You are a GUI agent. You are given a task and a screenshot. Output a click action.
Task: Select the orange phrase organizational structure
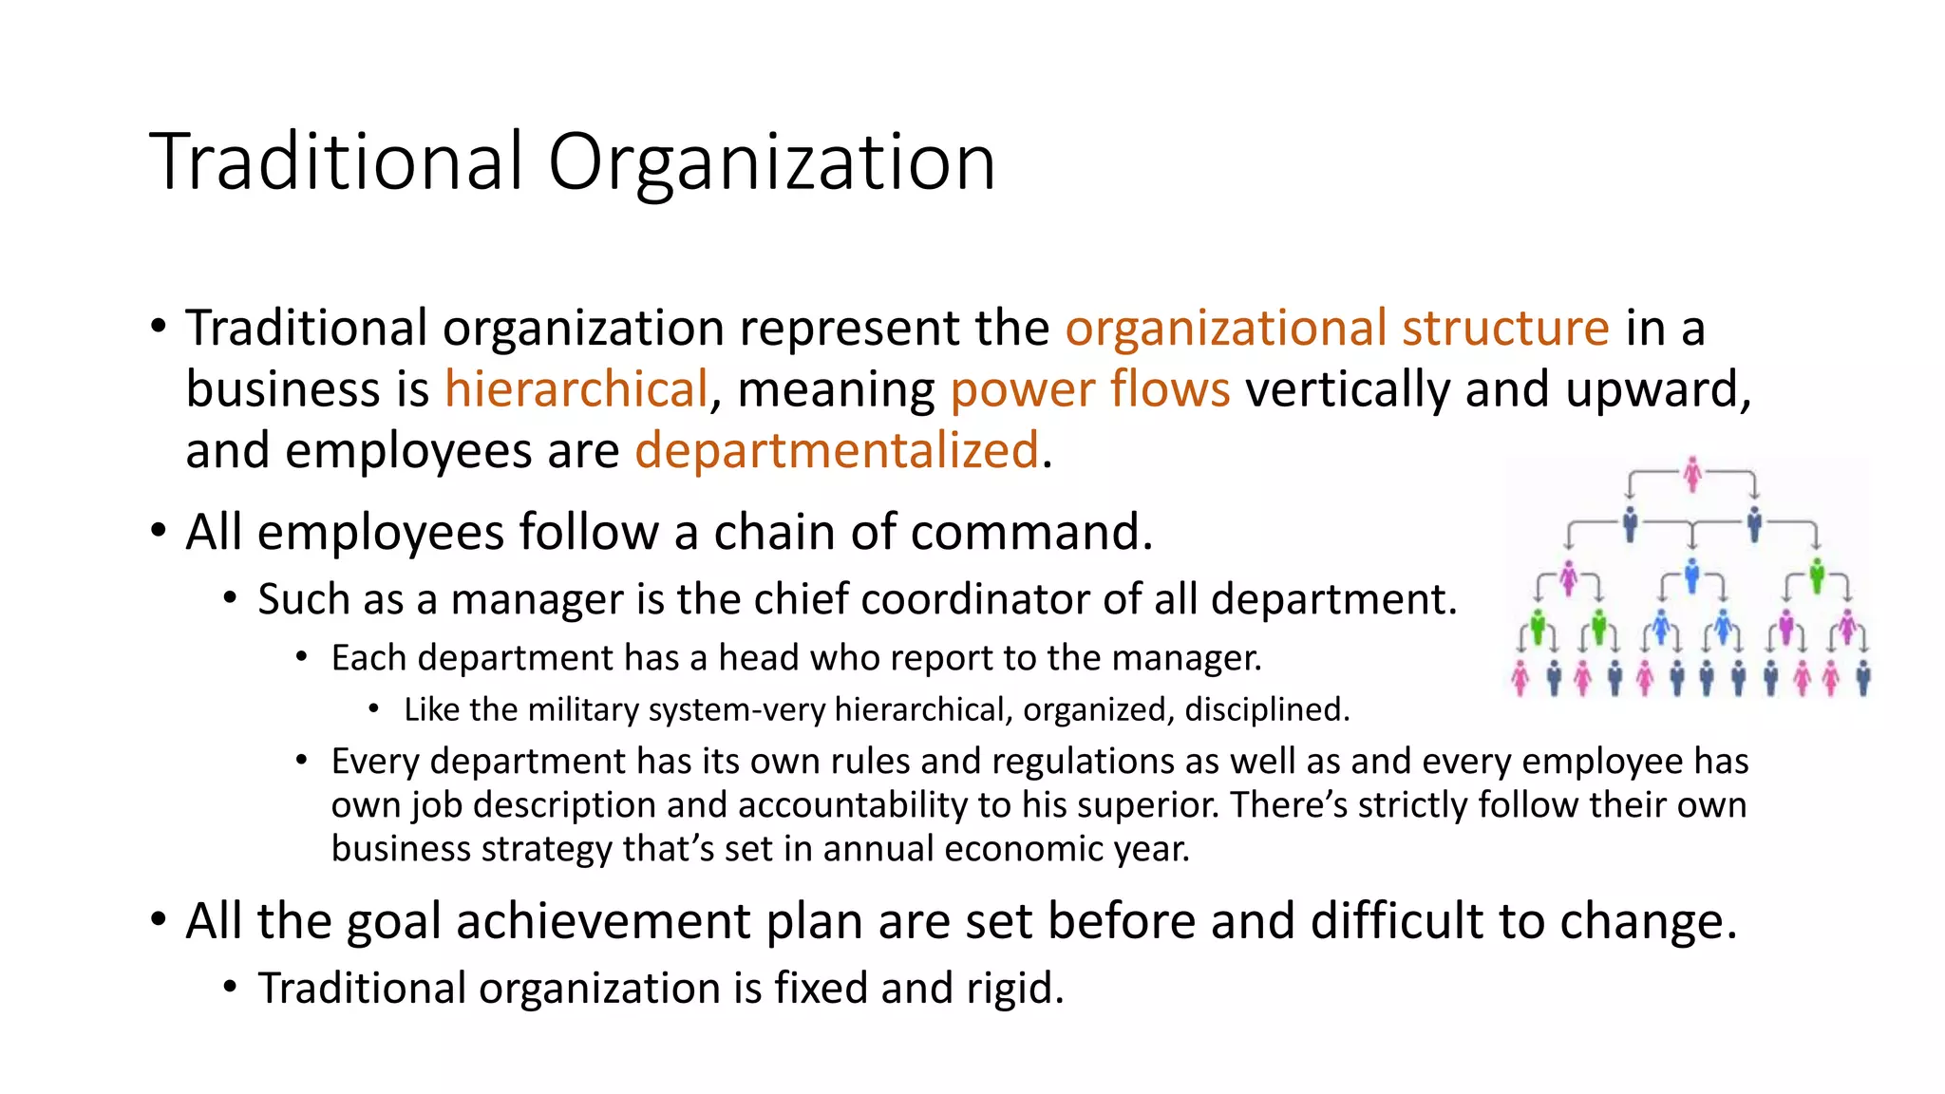(1337, 329)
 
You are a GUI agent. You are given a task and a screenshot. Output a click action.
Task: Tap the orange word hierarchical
(576, 389)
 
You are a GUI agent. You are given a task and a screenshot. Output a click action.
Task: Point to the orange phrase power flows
(1090, 389)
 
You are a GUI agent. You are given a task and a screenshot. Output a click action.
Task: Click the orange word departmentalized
(837, 450)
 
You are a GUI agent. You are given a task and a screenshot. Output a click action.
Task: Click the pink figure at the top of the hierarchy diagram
(1691, 475)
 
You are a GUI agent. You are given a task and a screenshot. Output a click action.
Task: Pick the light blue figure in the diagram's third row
(1691, 576)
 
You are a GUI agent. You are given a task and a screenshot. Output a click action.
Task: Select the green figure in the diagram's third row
(1817, 575)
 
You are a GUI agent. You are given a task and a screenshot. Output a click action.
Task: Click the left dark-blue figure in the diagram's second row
(1631, 523)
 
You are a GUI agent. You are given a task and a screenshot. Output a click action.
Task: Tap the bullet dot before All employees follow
(159, 531)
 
